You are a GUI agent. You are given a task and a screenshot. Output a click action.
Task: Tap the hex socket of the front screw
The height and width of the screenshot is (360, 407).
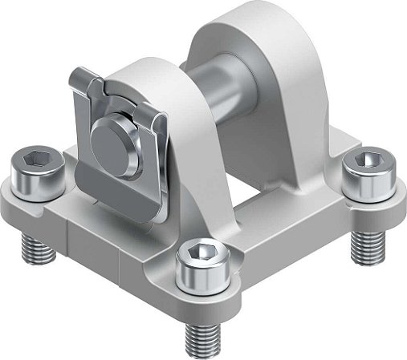tap(198, 257)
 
